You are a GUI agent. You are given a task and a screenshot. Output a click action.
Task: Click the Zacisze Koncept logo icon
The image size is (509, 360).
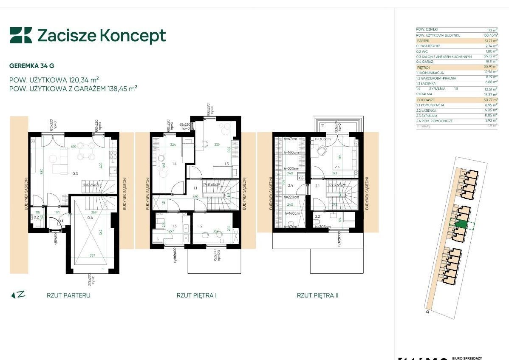pos(21,35)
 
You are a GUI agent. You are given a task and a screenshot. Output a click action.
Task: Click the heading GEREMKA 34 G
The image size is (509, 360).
pos(32,65)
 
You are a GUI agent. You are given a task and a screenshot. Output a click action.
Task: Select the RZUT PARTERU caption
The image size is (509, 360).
pos(68,295)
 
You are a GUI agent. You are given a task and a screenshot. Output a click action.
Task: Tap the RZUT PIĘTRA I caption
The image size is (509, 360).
pos(197,295)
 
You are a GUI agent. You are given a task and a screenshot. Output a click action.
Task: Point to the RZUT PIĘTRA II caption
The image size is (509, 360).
pos(317,295)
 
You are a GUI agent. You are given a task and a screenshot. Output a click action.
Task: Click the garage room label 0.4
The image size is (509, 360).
pos(90,217)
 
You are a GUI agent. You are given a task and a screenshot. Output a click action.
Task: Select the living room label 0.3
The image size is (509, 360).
pos(76,173)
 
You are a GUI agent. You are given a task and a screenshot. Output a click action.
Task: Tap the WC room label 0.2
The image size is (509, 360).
pos(37,217)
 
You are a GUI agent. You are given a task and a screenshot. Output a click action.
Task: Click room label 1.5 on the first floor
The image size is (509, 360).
pos(227,164)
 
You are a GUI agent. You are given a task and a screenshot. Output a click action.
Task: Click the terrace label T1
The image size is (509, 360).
pos(322,126)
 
